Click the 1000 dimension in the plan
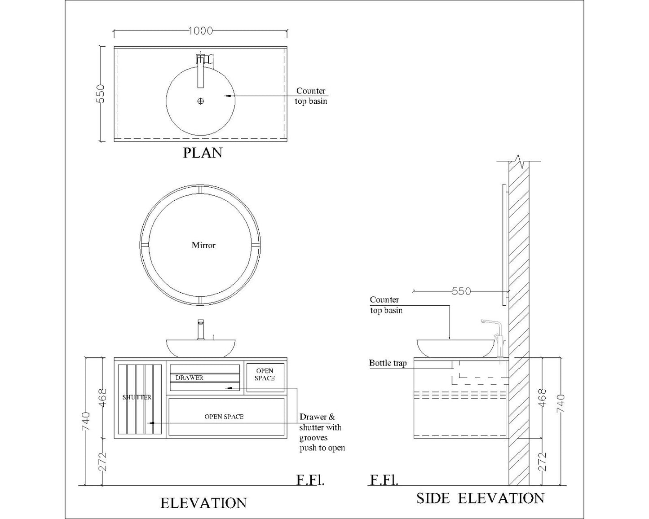tap(200, 31)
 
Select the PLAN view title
tap(203, 153)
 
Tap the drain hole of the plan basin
tap(200, 101)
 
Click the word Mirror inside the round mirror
tap(203, 245)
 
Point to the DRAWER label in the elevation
tap(189, 378)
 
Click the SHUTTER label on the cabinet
tap(137, 397)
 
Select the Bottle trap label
tap(388, 363)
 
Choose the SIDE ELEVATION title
tap(480, 498)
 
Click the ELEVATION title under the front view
tap(203, 503)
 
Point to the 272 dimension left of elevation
tap(103, 462)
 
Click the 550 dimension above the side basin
tap(461, 291)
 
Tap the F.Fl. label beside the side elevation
tap(384, 480)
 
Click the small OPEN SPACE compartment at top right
tap(265, 375)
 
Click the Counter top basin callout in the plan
tap(311, 96)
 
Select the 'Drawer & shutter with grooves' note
tap(321, 432)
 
